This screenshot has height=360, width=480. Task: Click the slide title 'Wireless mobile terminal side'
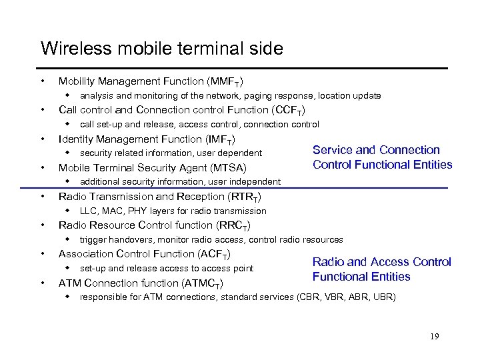(x=162, y=49)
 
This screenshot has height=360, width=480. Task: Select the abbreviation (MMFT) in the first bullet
(x=223, y=81)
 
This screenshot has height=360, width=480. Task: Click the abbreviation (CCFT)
(x=285, y=110)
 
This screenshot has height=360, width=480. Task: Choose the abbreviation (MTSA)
(x=225, y=168)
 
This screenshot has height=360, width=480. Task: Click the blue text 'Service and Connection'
(x=377, y=150)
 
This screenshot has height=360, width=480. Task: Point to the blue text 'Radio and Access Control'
(x=382, y=262)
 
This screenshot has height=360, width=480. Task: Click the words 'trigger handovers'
(x=110, y=239)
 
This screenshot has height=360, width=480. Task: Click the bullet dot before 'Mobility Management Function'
(x=43, y=81)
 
